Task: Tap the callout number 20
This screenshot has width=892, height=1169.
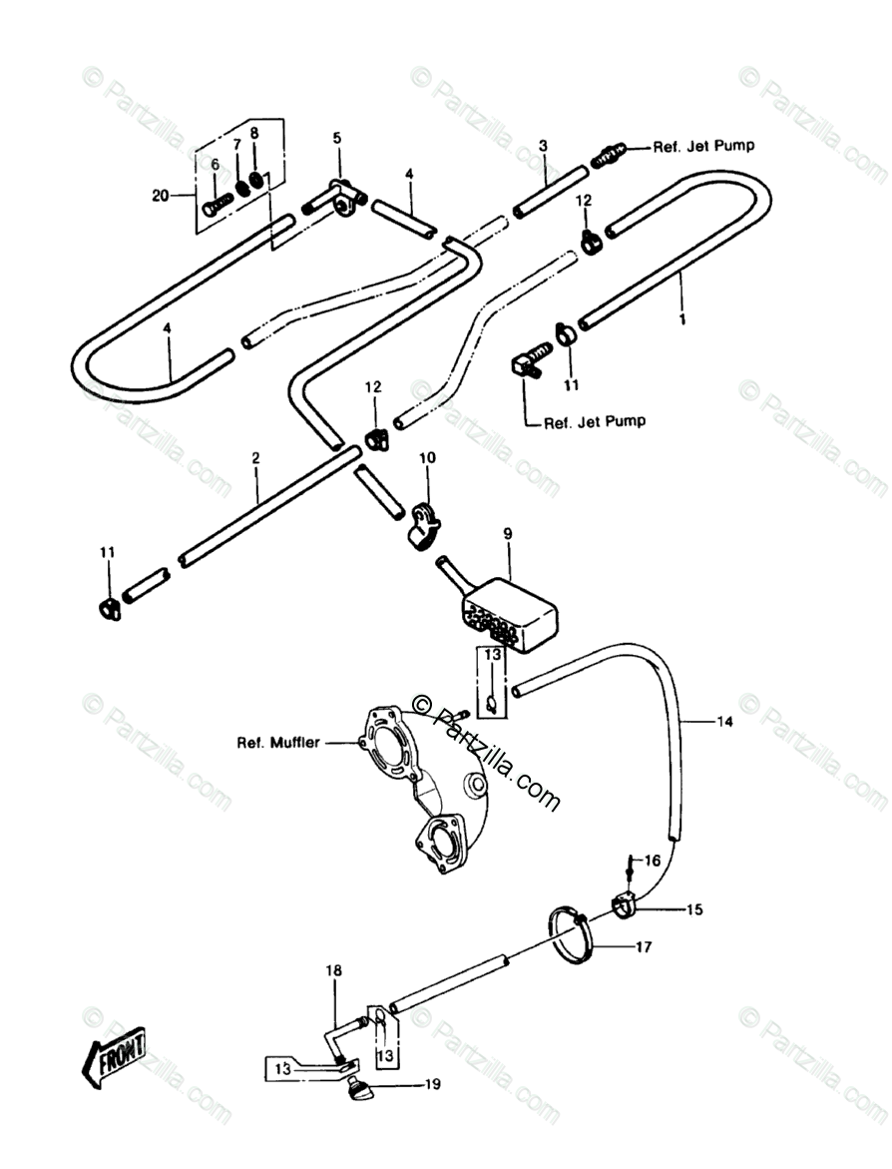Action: (161, 196)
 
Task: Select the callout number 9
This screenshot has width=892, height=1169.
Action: (507, 535)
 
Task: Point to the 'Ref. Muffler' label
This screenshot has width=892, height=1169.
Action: (278, 743)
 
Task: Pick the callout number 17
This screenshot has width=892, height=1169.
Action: (644, 947)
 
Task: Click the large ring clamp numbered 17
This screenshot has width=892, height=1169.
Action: (573, 935)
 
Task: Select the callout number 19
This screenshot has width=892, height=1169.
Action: (432, 1084)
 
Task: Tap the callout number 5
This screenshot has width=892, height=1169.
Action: (337, 138)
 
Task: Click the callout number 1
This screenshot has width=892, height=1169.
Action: (682, 320)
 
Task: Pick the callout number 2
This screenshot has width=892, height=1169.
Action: (255, 458)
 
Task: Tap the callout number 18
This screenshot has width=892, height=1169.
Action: (333, 969)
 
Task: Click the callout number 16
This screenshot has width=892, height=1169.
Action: (652, 860)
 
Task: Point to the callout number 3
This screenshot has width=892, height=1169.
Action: (543, 146)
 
